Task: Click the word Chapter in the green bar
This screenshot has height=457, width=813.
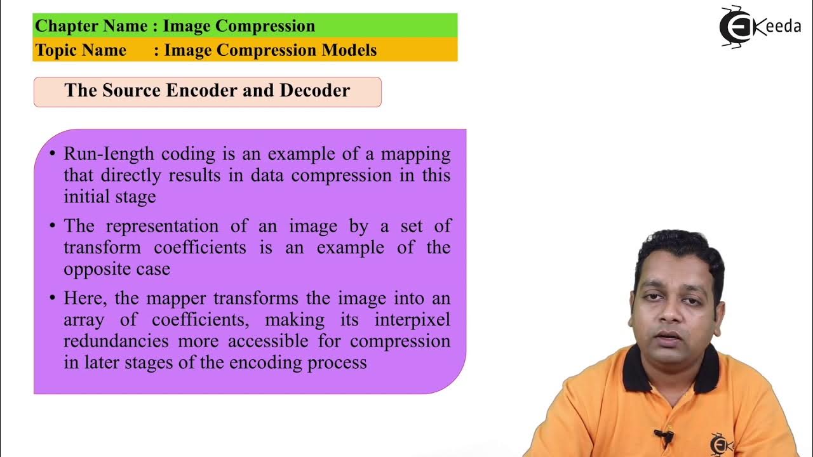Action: [x=62, y=26]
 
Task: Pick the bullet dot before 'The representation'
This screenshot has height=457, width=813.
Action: [x=53, y=227]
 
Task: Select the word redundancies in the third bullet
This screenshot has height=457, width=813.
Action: [x=116, y=341]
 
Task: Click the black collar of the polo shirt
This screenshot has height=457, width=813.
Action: [x=638, y=371]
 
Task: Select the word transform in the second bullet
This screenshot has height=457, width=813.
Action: [x=99, y=248]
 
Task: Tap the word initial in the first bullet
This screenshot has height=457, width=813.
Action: [x=86, y=197]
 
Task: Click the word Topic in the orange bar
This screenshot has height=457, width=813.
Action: [x=57, y=50]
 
